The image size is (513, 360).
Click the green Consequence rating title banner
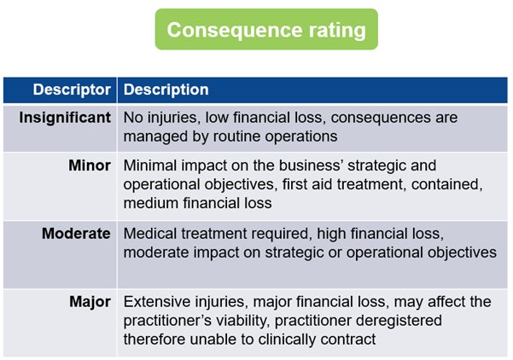(266, 30)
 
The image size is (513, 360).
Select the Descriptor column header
(72, 89)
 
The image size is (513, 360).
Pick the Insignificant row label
(66, 117)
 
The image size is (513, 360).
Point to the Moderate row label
(77, 233)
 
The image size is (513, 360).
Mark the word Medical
(149, 233)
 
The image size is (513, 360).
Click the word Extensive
(156, 302)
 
